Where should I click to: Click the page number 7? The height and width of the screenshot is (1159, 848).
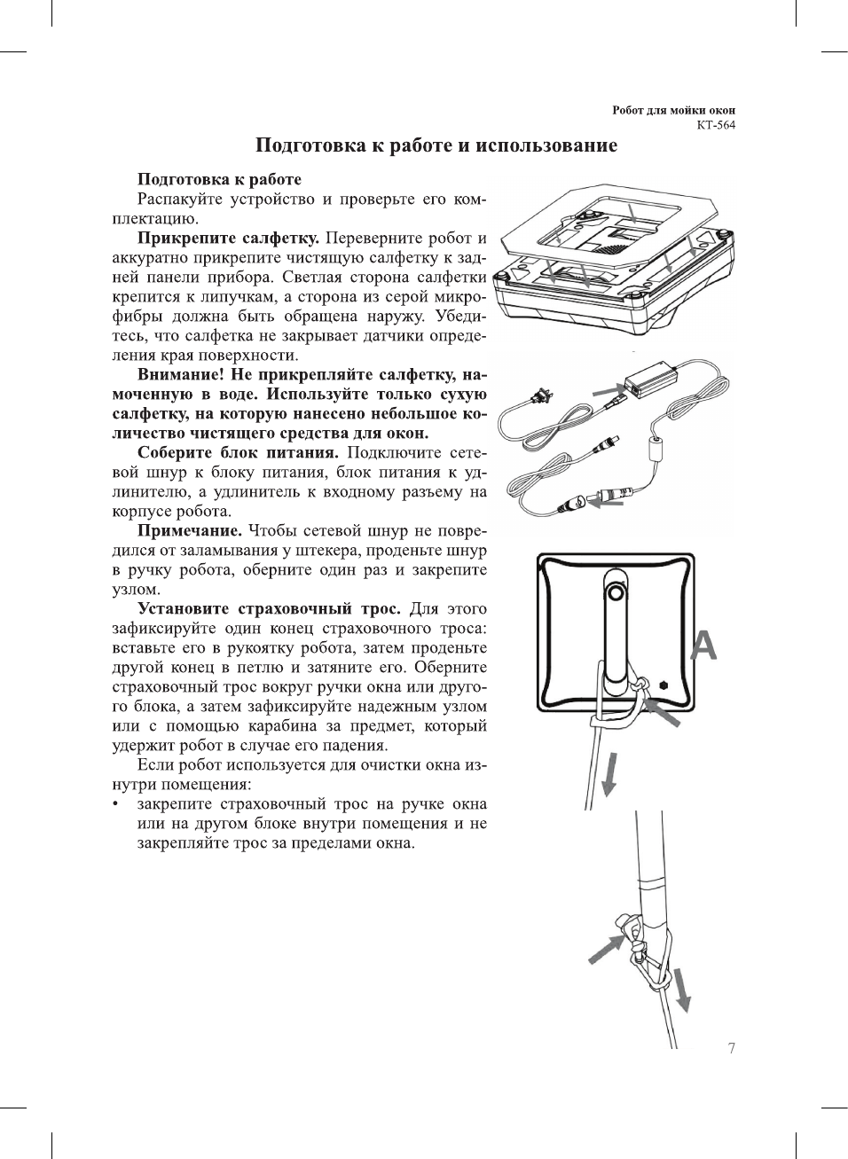(x=731, y=1048)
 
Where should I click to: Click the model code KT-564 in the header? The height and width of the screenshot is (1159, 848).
(x=715, y=124)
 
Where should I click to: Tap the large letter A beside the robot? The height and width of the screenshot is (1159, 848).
(x=703, y=646)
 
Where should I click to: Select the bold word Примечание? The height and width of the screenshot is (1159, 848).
(x=190, y=531)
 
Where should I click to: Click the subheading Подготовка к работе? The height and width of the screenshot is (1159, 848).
(x=219, y=180)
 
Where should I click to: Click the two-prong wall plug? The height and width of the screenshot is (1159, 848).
(x=535, y=398)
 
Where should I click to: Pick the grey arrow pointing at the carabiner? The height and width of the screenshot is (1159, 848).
(x=606, y=948)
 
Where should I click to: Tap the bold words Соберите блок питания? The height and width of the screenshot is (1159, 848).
(x=238, y=453)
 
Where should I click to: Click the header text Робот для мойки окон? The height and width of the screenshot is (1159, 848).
(x=673, y=110)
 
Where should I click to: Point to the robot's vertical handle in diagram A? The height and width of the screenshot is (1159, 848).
(x=615, y=630)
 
